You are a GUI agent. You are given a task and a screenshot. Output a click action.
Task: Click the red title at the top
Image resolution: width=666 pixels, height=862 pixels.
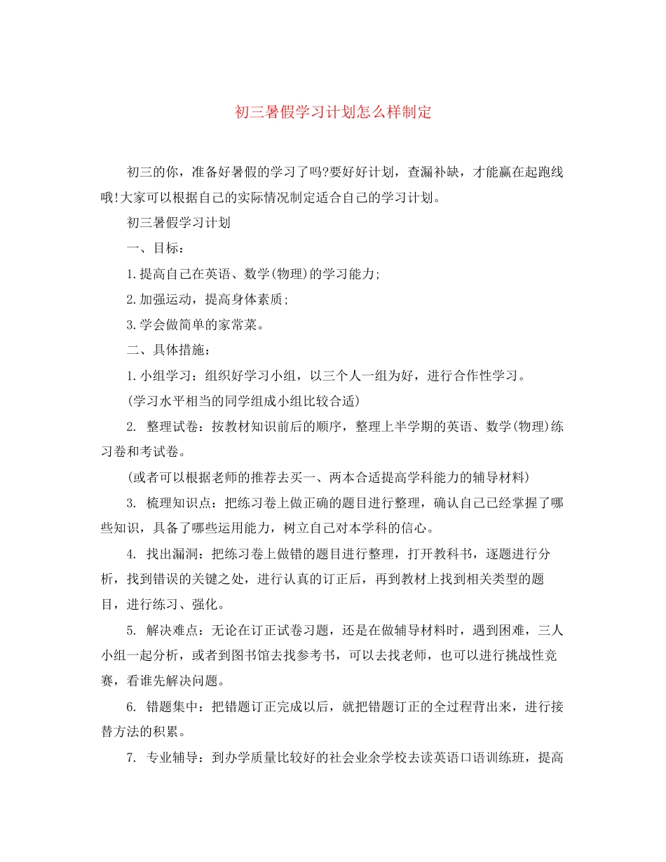[332, 112]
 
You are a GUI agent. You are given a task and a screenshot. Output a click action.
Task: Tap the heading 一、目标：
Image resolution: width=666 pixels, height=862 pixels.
[156, 248]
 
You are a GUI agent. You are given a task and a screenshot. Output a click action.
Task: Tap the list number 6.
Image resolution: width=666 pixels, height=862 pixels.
[130, 706]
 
